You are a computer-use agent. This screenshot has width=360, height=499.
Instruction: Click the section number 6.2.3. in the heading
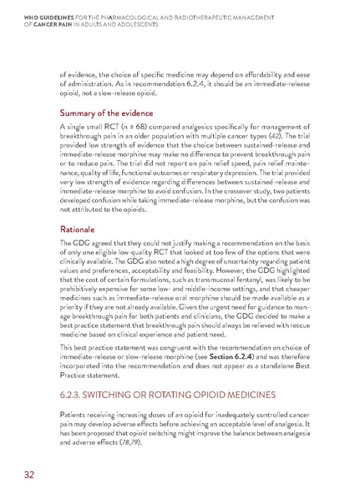click(x=75, y=389)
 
